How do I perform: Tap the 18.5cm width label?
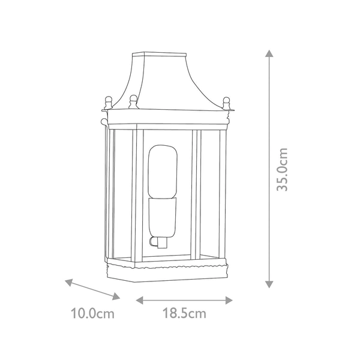click(x=184, y=313)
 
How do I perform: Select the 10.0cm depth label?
click(x=92, y=313)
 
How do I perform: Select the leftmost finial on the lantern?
click(x=108, y=100)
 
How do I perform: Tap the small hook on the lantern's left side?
click(x=103, y=124)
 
